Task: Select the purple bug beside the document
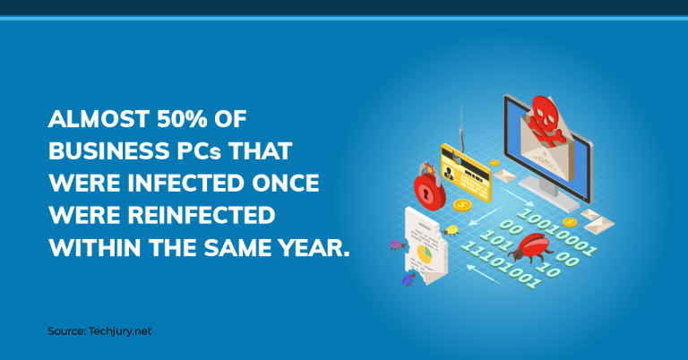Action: pyautogui.click(x=398, y=245)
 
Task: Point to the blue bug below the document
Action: pyautogui.click(x=408, y=279)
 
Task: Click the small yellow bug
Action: pyautogui.click(x=451, y=231)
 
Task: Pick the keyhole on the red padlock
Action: pyautogui.click(x=426, y=193)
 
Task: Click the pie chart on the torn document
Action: pyautogui.click(x=425, y=254)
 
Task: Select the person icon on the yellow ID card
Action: pyautogui.click(x=449, y=172)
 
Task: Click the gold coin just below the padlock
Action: pyautogui.click(x=462, y=205)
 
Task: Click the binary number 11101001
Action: pyautogui.click(x=500, y=265)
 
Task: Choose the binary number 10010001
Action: pyautogui.click(x=557, y=233)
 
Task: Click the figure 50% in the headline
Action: pyautogui.click(x=182, y=119)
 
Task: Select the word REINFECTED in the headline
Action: pyautogui.click(x=202, y=215)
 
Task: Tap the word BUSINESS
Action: pyautogui.click(x=108, y=151)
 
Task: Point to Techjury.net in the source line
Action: pyautogui.click(x=120, y=331)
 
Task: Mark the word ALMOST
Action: pyautogui.click(x=99, y=119)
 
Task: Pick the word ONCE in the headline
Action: pyautogui.click(x=285, y=184)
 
